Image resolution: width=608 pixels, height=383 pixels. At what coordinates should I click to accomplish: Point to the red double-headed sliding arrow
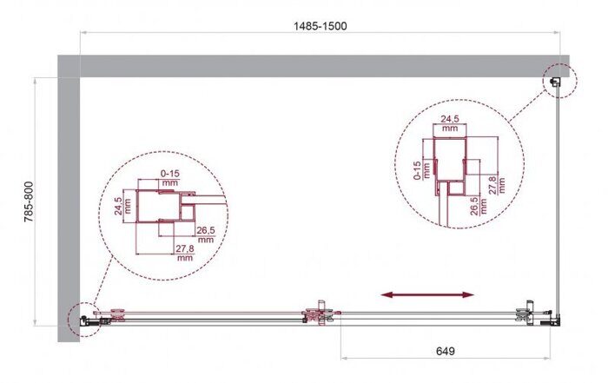pos(429,295)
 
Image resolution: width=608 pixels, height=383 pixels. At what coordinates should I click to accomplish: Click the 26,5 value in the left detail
pos(207,234)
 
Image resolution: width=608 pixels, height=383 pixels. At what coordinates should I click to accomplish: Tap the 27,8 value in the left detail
pos(184,253)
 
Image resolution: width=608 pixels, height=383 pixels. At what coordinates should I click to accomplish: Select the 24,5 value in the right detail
pos(449,122)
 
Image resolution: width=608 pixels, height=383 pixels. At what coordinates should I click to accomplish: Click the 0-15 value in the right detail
pos(419,169)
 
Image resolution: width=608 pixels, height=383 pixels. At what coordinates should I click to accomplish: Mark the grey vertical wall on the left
pos(68,200)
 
